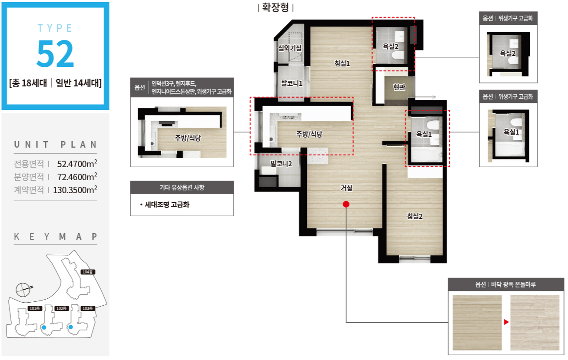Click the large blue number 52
click(55, 53)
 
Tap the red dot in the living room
click(346, 204)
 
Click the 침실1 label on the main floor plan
click(342, 63)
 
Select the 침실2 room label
click(415, 216)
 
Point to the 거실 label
click(346, 188)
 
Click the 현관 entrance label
click(399, 87)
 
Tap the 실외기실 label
click(290, 48)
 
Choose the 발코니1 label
click(292, 83)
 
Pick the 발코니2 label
click(281, 164)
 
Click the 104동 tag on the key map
click(88, 272)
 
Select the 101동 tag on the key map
click(35, 308)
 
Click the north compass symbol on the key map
click(23, 290)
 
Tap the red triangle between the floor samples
click(506, 322)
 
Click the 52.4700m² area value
click(77, 164)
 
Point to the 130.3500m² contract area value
click(75, 190)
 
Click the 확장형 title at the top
click(276, 7)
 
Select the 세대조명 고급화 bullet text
click(167, 205)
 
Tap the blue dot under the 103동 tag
click(71, 327)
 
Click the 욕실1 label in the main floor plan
click(424, 134)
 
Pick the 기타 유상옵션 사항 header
click(182, 188)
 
